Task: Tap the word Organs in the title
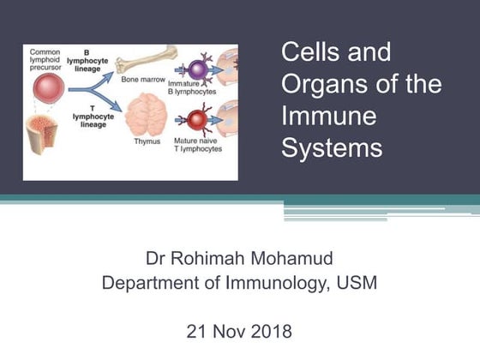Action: point(321,85)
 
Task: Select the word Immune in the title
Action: point(319,117)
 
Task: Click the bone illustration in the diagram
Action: point(148,59)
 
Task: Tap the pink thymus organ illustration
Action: point(147,117)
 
